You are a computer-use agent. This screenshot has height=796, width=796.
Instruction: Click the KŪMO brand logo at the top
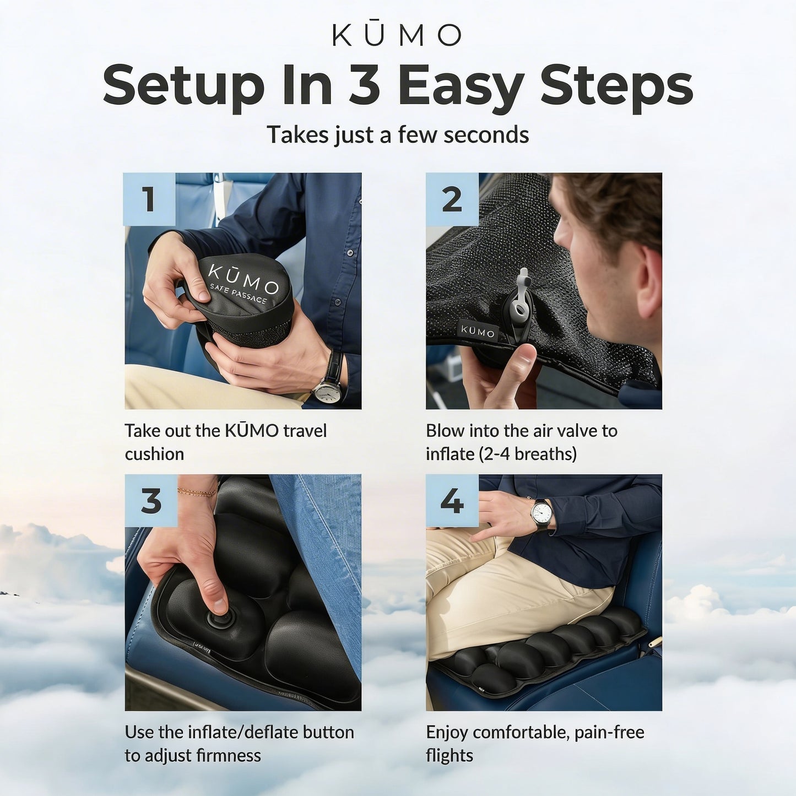tap(397, 35)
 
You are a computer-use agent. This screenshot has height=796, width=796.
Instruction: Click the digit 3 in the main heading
tap(364, 85)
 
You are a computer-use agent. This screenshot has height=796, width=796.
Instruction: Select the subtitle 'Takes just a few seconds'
tap(398, 135)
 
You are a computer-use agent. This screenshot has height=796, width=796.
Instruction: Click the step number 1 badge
tap(149, 199)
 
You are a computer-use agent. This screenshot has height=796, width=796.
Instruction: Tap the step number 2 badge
tap(452, 199)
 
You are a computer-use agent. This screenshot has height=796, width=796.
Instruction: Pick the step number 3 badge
tap(151, 501)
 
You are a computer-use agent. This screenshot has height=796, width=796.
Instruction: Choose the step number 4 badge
tap(452, 501)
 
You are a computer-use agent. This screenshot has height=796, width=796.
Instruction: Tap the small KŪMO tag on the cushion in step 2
tap(478, 332)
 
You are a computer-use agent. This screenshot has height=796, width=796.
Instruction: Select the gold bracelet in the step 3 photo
tap(197, 491)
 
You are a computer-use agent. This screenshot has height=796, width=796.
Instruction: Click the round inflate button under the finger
tap(218, 620)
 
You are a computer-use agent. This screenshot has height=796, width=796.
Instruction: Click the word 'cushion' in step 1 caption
tap(154, 454)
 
